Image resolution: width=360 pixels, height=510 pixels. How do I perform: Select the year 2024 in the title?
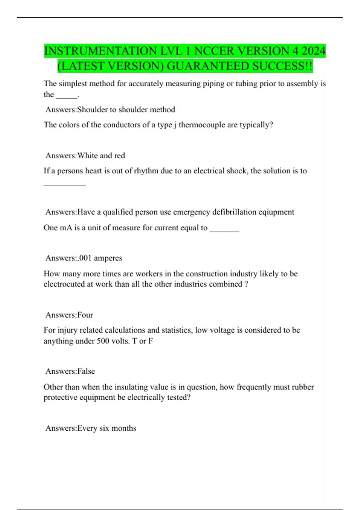(x=313, y=51)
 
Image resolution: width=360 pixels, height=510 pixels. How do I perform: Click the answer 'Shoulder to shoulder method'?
(x=126, y=109)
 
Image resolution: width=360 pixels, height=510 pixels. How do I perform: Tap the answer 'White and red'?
(x=101, y=156)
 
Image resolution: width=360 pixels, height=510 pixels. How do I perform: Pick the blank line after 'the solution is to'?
(x=65, y=185)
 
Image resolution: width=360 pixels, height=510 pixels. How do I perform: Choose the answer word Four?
(x=85, y=315)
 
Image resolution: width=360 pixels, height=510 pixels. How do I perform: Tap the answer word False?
(x=86, y=371)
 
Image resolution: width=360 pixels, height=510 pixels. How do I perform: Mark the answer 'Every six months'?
(x=107, y=428)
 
